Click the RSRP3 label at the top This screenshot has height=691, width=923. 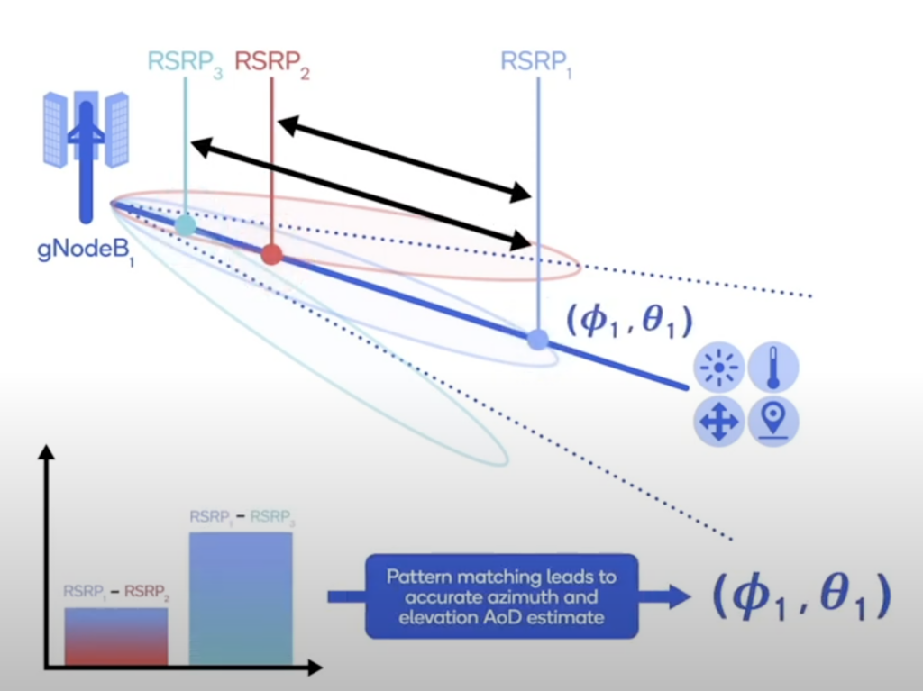tap(186, 64)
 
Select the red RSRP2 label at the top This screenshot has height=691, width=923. tap(272, 64)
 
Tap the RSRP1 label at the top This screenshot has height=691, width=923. tap(537, 64)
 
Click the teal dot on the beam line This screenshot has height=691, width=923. tap(185, 225)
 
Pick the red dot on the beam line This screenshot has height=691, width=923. tap(271, 255)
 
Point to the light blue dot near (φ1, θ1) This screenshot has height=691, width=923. tap(537, 340)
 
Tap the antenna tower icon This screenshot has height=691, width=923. tap(86, 144)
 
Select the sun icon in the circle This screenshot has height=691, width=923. tap(719, 369)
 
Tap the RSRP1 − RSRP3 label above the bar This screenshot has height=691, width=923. tap(241, 518)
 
